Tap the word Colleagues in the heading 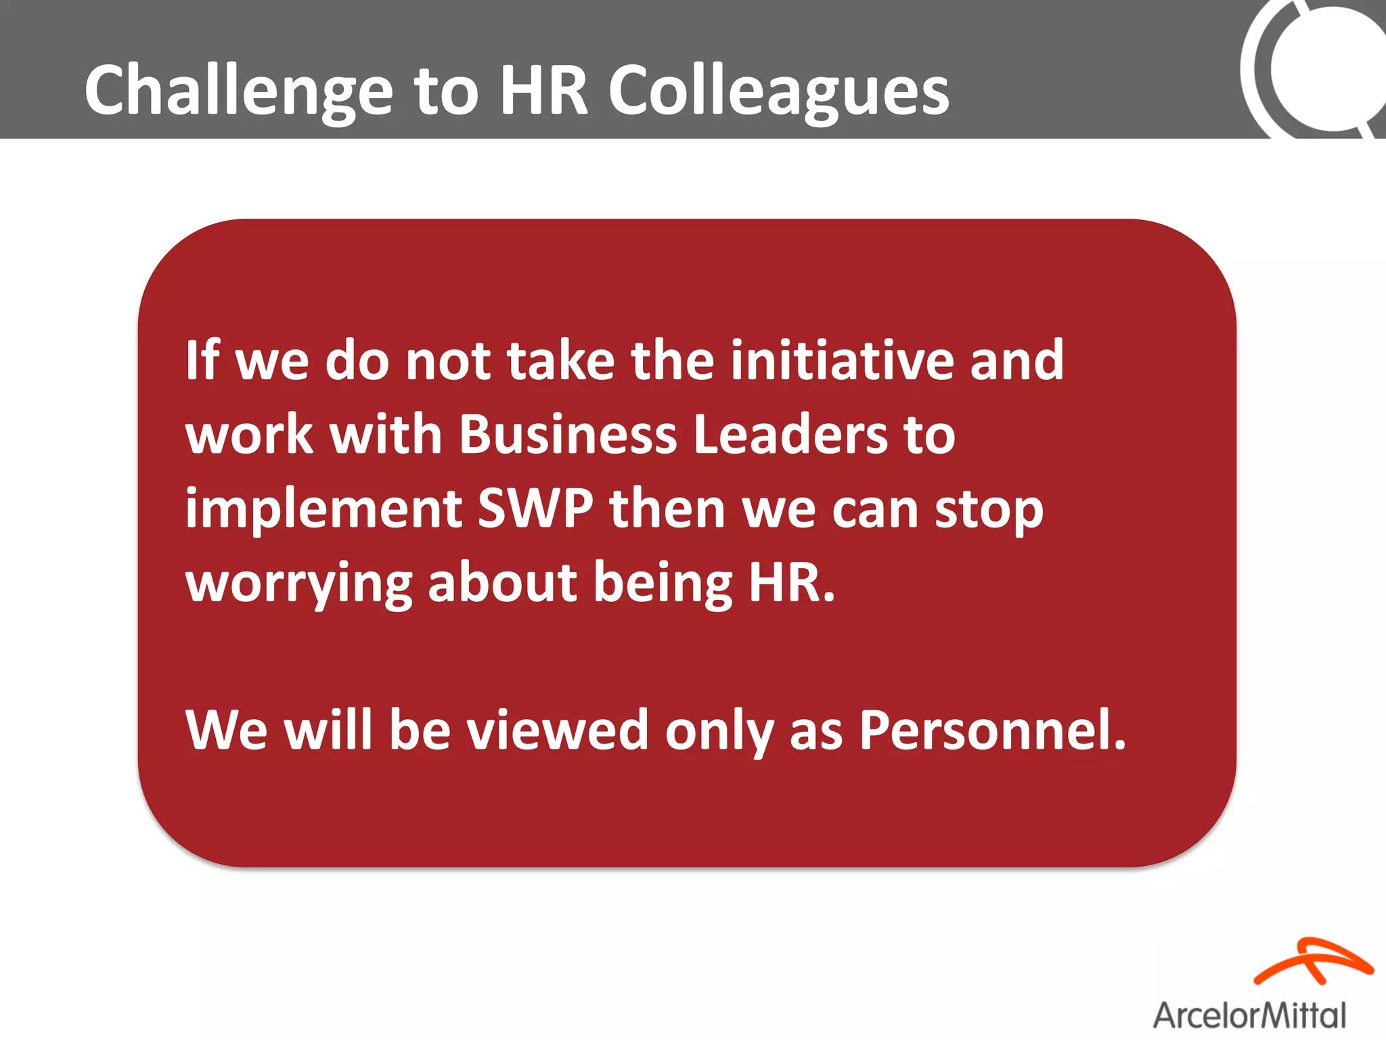pos(778,90)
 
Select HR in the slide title pos(544,90)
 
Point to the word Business pos(568,434)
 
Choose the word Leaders pos(790,434)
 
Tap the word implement pos(323,509)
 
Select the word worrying pos(298,584)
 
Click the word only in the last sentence pos(719,731)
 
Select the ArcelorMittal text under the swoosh pos(1249,1016)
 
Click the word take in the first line pos(560,360)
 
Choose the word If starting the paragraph pos(202,360)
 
